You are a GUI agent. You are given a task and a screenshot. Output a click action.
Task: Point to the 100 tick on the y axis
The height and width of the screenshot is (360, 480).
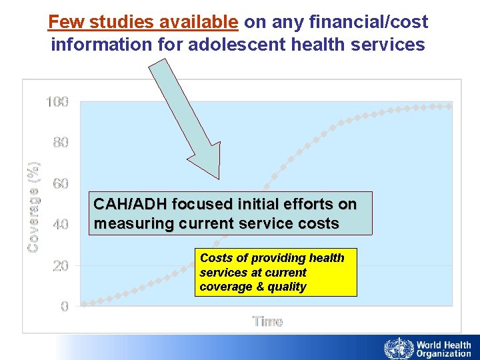click(57, 102)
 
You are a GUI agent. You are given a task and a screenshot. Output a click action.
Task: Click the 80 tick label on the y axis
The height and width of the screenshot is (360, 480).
click(61, 143)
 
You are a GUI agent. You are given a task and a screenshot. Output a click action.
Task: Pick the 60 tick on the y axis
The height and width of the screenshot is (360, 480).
click(61, 183)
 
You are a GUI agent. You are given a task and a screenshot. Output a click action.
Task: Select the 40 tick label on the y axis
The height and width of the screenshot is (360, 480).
click(61, 225)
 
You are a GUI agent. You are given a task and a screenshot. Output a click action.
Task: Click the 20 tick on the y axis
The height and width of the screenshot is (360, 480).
click(61, 265)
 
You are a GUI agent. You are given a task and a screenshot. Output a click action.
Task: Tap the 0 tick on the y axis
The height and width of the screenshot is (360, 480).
click(64, 307)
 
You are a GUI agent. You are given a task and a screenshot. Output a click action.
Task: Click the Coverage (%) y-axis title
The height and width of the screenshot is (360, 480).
click(33, 206)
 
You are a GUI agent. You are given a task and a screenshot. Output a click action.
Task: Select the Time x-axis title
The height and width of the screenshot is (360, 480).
click(267, 321)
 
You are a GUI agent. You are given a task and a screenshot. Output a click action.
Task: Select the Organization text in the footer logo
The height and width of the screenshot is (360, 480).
click(444, 354)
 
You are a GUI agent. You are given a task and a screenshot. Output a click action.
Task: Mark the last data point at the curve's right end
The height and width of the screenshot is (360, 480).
click(449, 106)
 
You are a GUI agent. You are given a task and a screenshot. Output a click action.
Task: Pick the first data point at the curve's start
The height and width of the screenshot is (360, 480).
click(83, 305)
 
